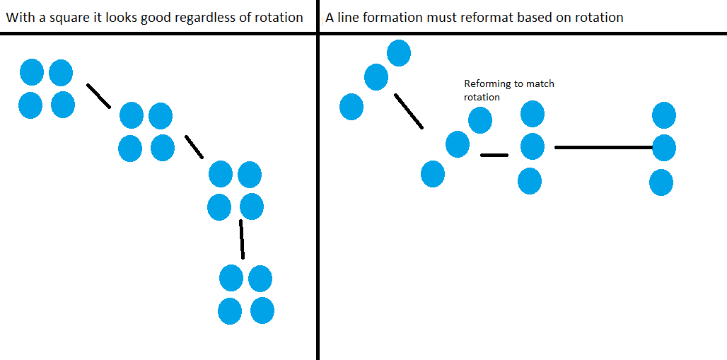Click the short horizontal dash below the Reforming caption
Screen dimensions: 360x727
494,155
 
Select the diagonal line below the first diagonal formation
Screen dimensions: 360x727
409,111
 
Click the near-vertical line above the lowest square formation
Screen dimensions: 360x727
242,240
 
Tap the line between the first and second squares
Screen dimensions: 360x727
98,96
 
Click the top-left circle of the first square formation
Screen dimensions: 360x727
32,72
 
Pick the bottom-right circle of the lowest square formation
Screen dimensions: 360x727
262,310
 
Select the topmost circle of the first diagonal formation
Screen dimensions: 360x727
399,52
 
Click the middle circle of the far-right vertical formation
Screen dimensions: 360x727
664,149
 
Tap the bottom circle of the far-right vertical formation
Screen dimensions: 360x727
661,182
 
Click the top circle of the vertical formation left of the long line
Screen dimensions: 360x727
533,114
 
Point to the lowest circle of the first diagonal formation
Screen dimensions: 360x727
351,107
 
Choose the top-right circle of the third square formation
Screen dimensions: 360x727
249,174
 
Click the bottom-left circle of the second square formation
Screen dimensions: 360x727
130,149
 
